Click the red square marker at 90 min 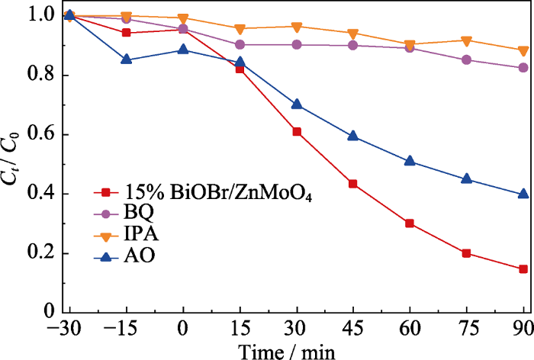524,268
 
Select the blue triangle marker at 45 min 353,136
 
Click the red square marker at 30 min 297,132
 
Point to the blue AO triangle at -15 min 127,59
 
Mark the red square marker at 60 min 410,223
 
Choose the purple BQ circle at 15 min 240,44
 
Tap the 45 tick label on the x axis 353,329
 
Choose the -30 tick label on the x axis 67,329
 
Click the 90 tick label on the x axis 523,329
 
